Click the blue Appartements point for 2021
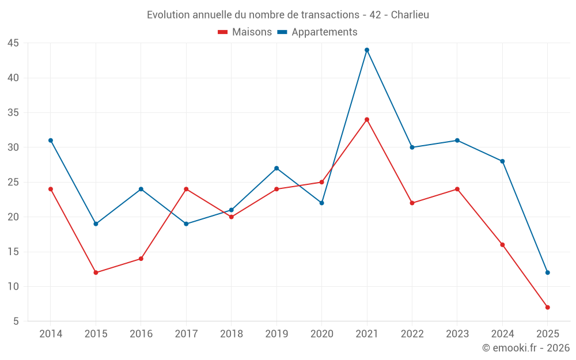pyautogui.click(x=367, y=50)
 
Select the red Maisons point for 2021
pyautogui.click(x=367, y=120)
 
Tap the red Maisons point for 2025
pyautogui.click(x=547, y=308)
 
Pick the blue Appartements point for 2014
pyautogui.click(x=51, y=141)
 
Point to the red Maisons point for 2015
pyautogui.click(x=96, y=272)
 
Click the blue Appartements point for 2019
pyautogui.click(x=276, y=168)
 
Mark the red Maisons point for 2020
pyautogui.click(x=321, y=182)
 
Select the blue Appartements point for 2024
pyautogui.click(x=502, y=161)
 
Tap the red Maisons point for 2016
pyautogui.click(x=141, y=259)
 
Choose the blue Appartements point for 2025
pyautogui.click(x=547, y=272)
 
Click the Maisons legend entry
pyautogui.click(x=245, y=32)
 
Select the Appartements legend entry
pyautogui.click(x=317, y=32)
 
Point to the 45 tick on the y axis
pyautogui.click(x=13, y=43)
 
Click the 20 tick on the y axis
pyautogui.click(x=13, y=217)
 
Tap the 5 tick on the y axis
pyautogui.click(x=16, y=321)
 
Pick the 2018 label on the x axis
pyautogui.click(x=232, y=334)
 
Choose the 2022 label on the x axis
pyautogui.click(x=412, y=334)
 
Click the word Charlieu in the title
pyautogui.click(x=410, y=14)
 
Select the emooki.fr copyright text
pyautogui.click(x=526, y=348)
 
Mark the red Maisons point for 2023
pyautogui.click(x=457, y=189)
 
